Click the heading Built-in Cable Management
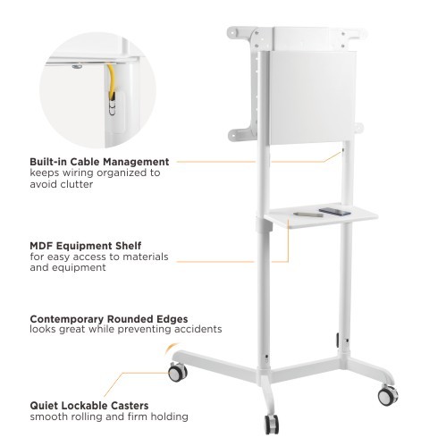click(x=99, y=162)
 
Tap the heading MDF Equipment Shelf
click(x=86, y=246)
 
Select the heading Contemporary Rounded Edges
click(x=109, y=319)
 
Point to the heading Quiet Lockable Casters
click(x=89, y=406)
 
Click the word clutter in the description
click(x=77, y=184)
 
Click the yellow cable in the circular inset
click(x=111, y=81)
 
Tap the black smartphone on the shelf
click(x=335, y=212)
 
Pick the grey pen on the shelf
click(x=308, y=215)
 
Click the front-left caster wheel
click(x=178, y=373)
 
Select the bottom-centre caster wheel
click(x=272, y=425)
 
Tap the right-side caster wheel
click(x=388, y=396)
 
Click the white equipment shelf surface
click(x=322, y=215)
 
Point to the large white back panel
click(x=312, y=97)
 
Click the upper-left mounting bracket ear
click(x=240, y=33)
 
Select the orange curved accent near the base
click(x=171, y=349)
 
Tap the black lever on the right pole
click(x=338, y=341)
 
